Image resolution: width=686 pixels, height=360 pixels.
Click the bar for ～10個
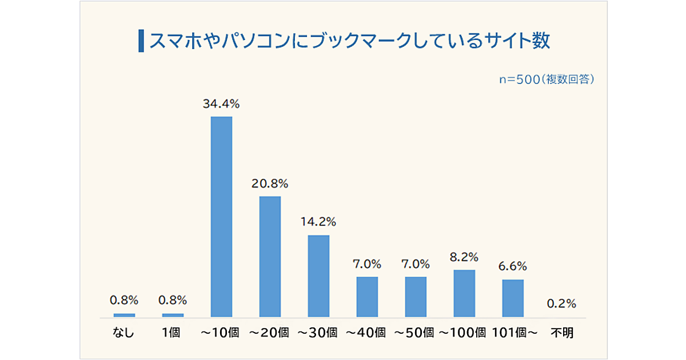tap(222, 217)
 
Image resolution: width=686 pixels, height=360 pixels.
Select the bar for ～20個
tap(270, 257)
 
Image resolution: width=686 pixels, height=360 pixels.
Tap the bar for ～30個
tap(318, 276)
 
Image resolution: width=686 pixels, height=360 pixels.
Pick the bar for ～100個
tap(464, 293)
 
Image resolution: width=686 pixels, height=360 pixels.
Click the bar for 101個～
tap(513, 298)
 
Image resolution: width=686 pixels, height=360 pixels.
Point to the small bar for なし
tap(125, 315)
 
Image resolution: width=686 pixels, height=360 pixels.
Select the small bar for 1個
tap(173, 315)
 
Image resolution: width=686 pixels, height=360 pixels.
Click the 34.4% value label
tap(221, 104)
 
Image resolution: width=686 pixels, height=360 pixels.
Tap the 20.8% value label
tap(270, 184)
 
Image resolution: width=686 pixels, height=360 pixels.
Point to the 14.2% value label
tap(318, 222)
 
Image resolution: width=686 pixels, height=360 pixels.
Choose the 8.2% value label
tap(464, 257)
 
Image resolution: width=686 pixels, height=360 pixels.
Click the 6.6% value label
tap(513, 266)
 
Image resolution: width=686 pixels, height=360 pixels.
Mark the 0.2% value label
tap(561, 303)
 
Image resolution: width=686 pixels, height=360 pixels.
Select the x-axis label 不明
tap(561, 333)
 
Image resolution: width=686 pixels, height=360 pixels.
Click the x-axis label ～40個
tap(367, 333)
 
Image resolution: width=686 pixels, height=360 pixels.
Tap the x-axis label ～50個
tap(416, 333)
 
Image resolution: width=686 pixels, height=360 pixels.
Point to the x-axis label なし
tap(123, 333)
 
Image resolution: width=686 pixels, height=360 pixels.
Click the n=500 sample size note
tap(547, 79)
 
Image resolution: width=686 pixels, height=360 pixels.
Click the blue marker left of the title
tap(141, 41)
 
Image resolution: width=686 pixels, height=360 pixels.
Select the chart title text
tap(349, 41)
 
